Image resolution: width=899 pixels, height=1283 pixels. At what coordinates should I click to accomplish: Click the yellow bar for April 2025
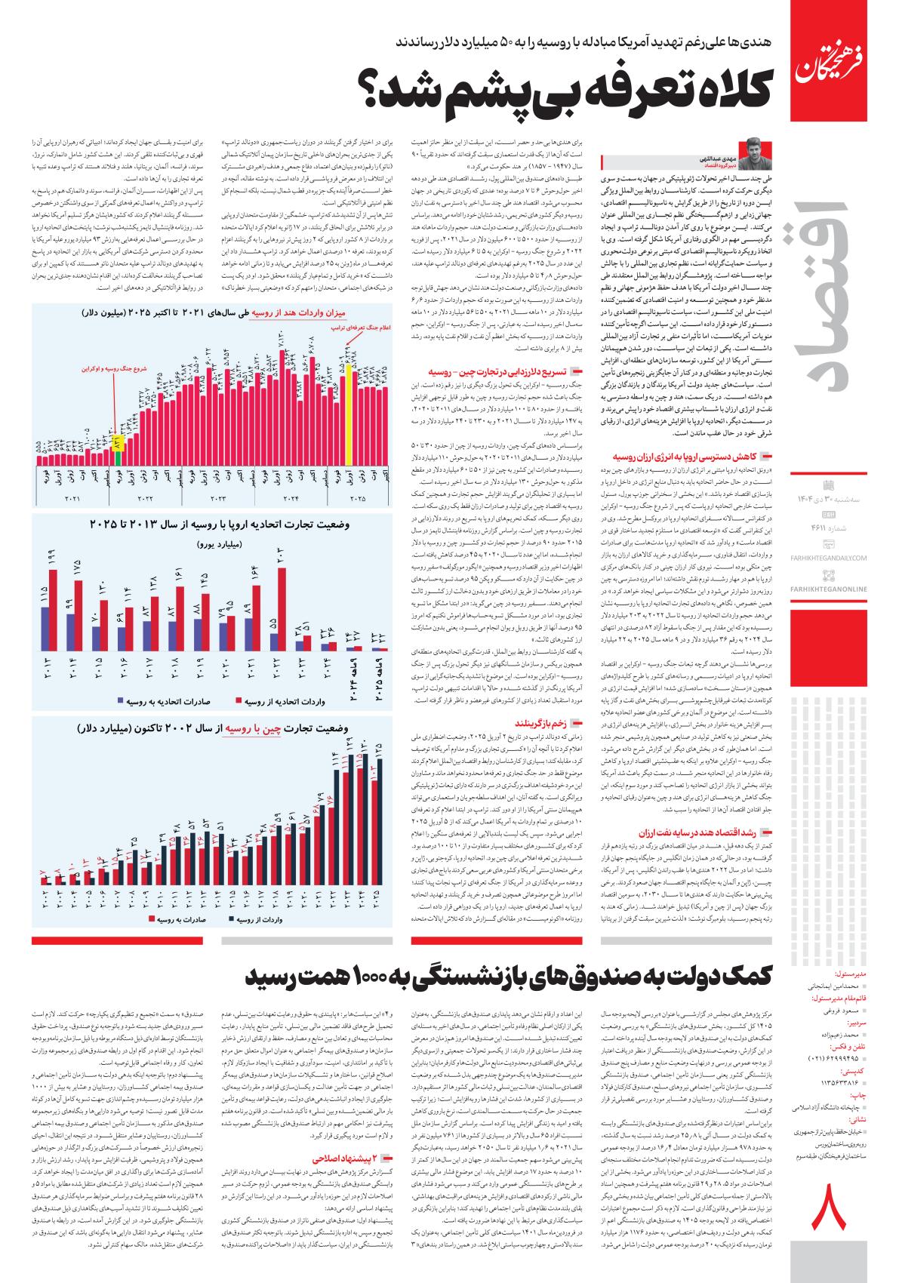pos(349,415)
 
